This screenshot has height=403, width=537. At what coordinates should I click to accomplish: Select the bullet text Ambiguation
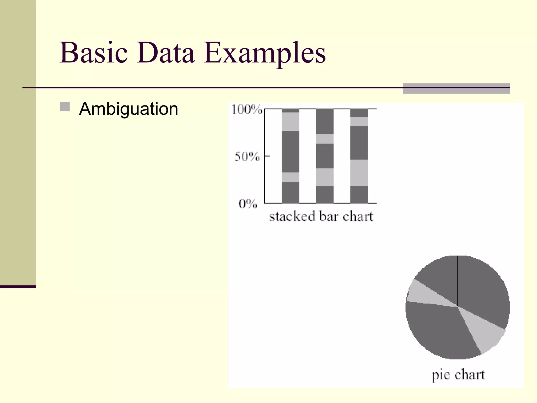coord(128,109)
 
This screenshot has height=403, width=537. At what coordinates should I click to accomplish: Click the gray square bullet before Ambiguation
coord(65,107)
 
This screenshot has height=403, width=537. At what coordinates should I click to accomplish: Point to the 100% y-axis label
coord(246,110)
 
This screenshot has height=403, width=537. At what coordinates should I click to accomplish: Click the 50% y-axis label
coord(247,157)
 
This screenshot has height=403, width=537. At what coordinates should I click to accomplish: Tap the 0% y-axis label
coord(248,204)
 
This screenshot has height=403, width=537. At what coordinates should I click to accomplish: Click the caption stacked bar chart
coord(321,217)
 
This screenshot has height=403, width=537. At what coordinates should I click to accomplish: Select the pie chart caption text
coord(458,375)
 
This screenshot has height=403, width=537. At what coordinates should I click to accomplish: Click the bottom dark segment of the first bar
coord(290,192)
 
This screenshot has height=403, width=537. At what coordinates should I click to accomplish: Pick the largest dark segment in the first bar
coord(290,151)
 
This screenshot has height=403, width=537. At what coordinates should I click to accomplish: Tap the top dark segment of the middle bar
coord(325,121)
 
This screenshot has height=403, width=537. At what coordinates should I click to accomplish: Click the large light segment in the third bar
coord(359,173)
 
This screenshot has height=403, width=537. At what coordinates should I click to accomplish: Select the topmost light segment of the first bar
coord(290,121)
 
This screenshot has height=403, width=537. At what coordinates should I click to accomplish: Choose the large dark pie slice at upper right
coord(482,289)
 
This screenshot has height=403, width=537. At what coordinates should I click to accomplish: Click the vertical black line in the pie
coord(458,281)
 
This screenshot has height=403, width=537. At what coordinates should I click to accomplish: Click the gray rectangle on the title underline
coord(456,89)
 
